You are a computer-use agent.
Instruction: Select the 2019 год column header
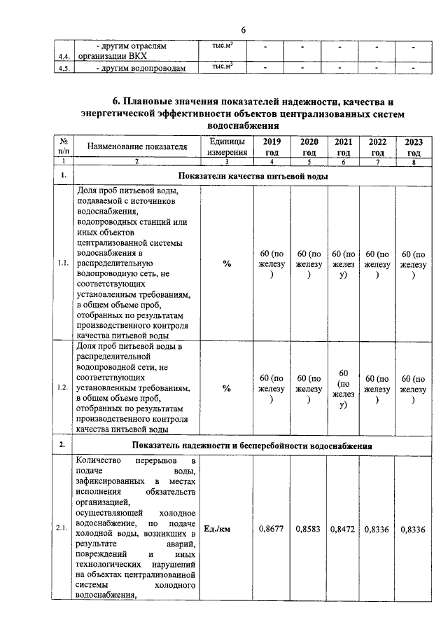coord(272,147)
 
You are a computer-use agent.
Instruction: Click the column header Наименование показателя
coord(137,147)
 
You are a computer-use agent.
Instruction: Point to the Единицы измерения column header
coord(227,147)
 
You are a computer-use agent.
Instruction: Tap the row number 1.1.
coord(63,263)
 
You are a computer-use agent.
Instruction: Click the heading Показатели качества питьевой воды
coord(253,175)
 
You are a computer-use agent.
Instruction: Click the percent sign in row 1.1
coord(227,263)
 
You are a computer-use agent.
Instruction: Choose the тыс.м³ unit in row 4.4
coord(222,46)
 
